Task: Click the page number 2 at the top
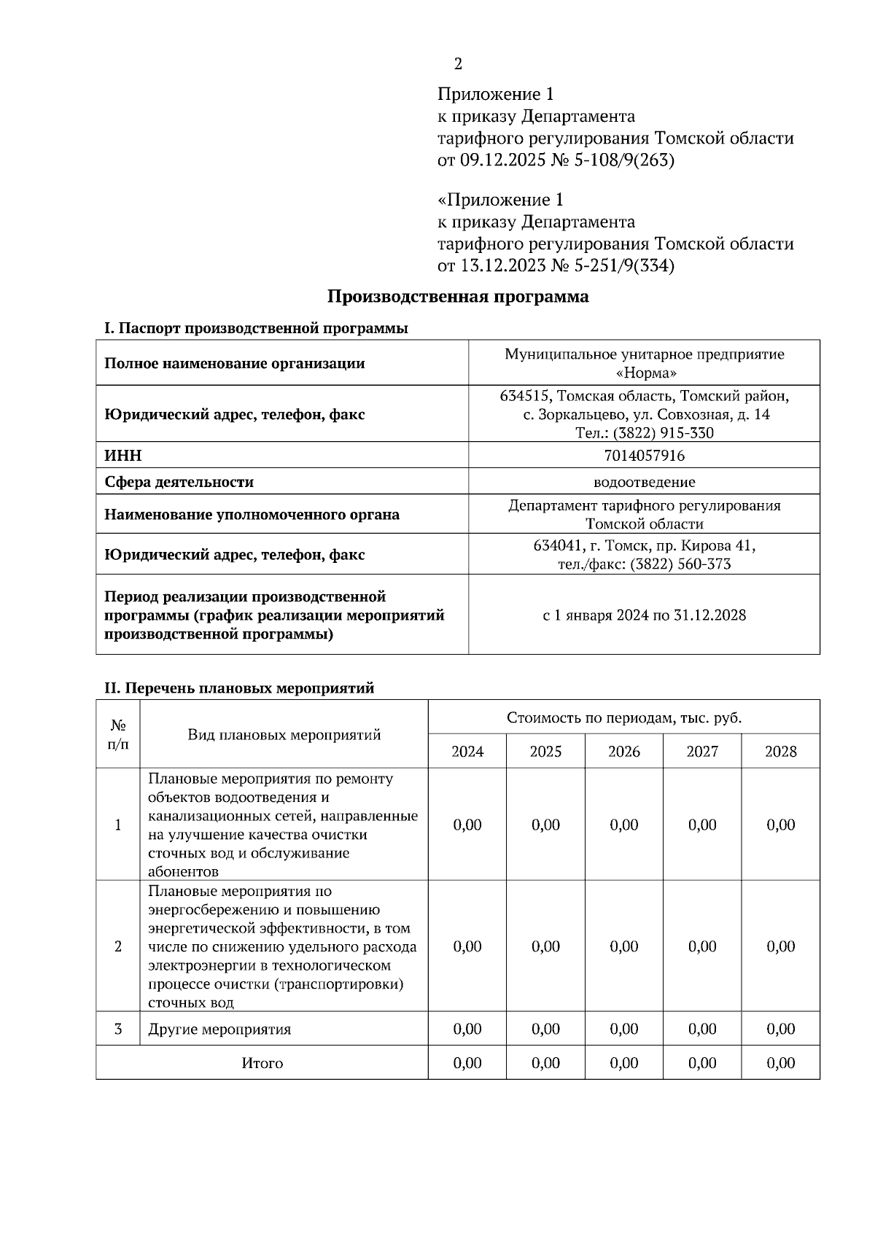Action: pyautogui.click(x=458, y=64)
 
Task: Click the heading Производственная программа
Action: pyautogui.click(x=457, y=297)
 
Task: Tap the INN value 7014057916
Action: pyautogui.click(x=644, y=456)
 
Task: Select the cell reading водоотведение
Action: pyautogui.click(x=644, y=482)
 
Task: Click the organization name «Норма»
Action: pyautogui.click(x=645, y=373)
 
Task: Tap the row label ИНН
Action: pyautogui.click(x=123, y=456)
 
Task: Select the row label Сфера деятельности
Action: pyautogui.click(x=179, y=482)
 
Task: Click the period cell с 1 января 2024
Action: pyautogui.click(x=644, y=615)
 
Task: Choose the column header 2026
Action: pyautogui.click(x=624, y=751)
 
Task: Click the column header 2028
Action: pyautogui.click(x=780, y=751)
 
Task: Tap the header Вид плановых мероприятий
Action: pyautogui.click(x=284, y=734)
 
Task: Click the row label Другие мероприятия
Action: pyautogui.click(x=219, y=1029)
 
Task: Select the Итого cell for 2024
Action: pyautogui.click(x=467, y=1063)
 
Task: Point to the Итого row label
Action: pyautogui.click(x=262, y=1063)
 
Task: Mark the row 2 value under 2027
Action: pyautogui.click(x=702, y=946)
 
